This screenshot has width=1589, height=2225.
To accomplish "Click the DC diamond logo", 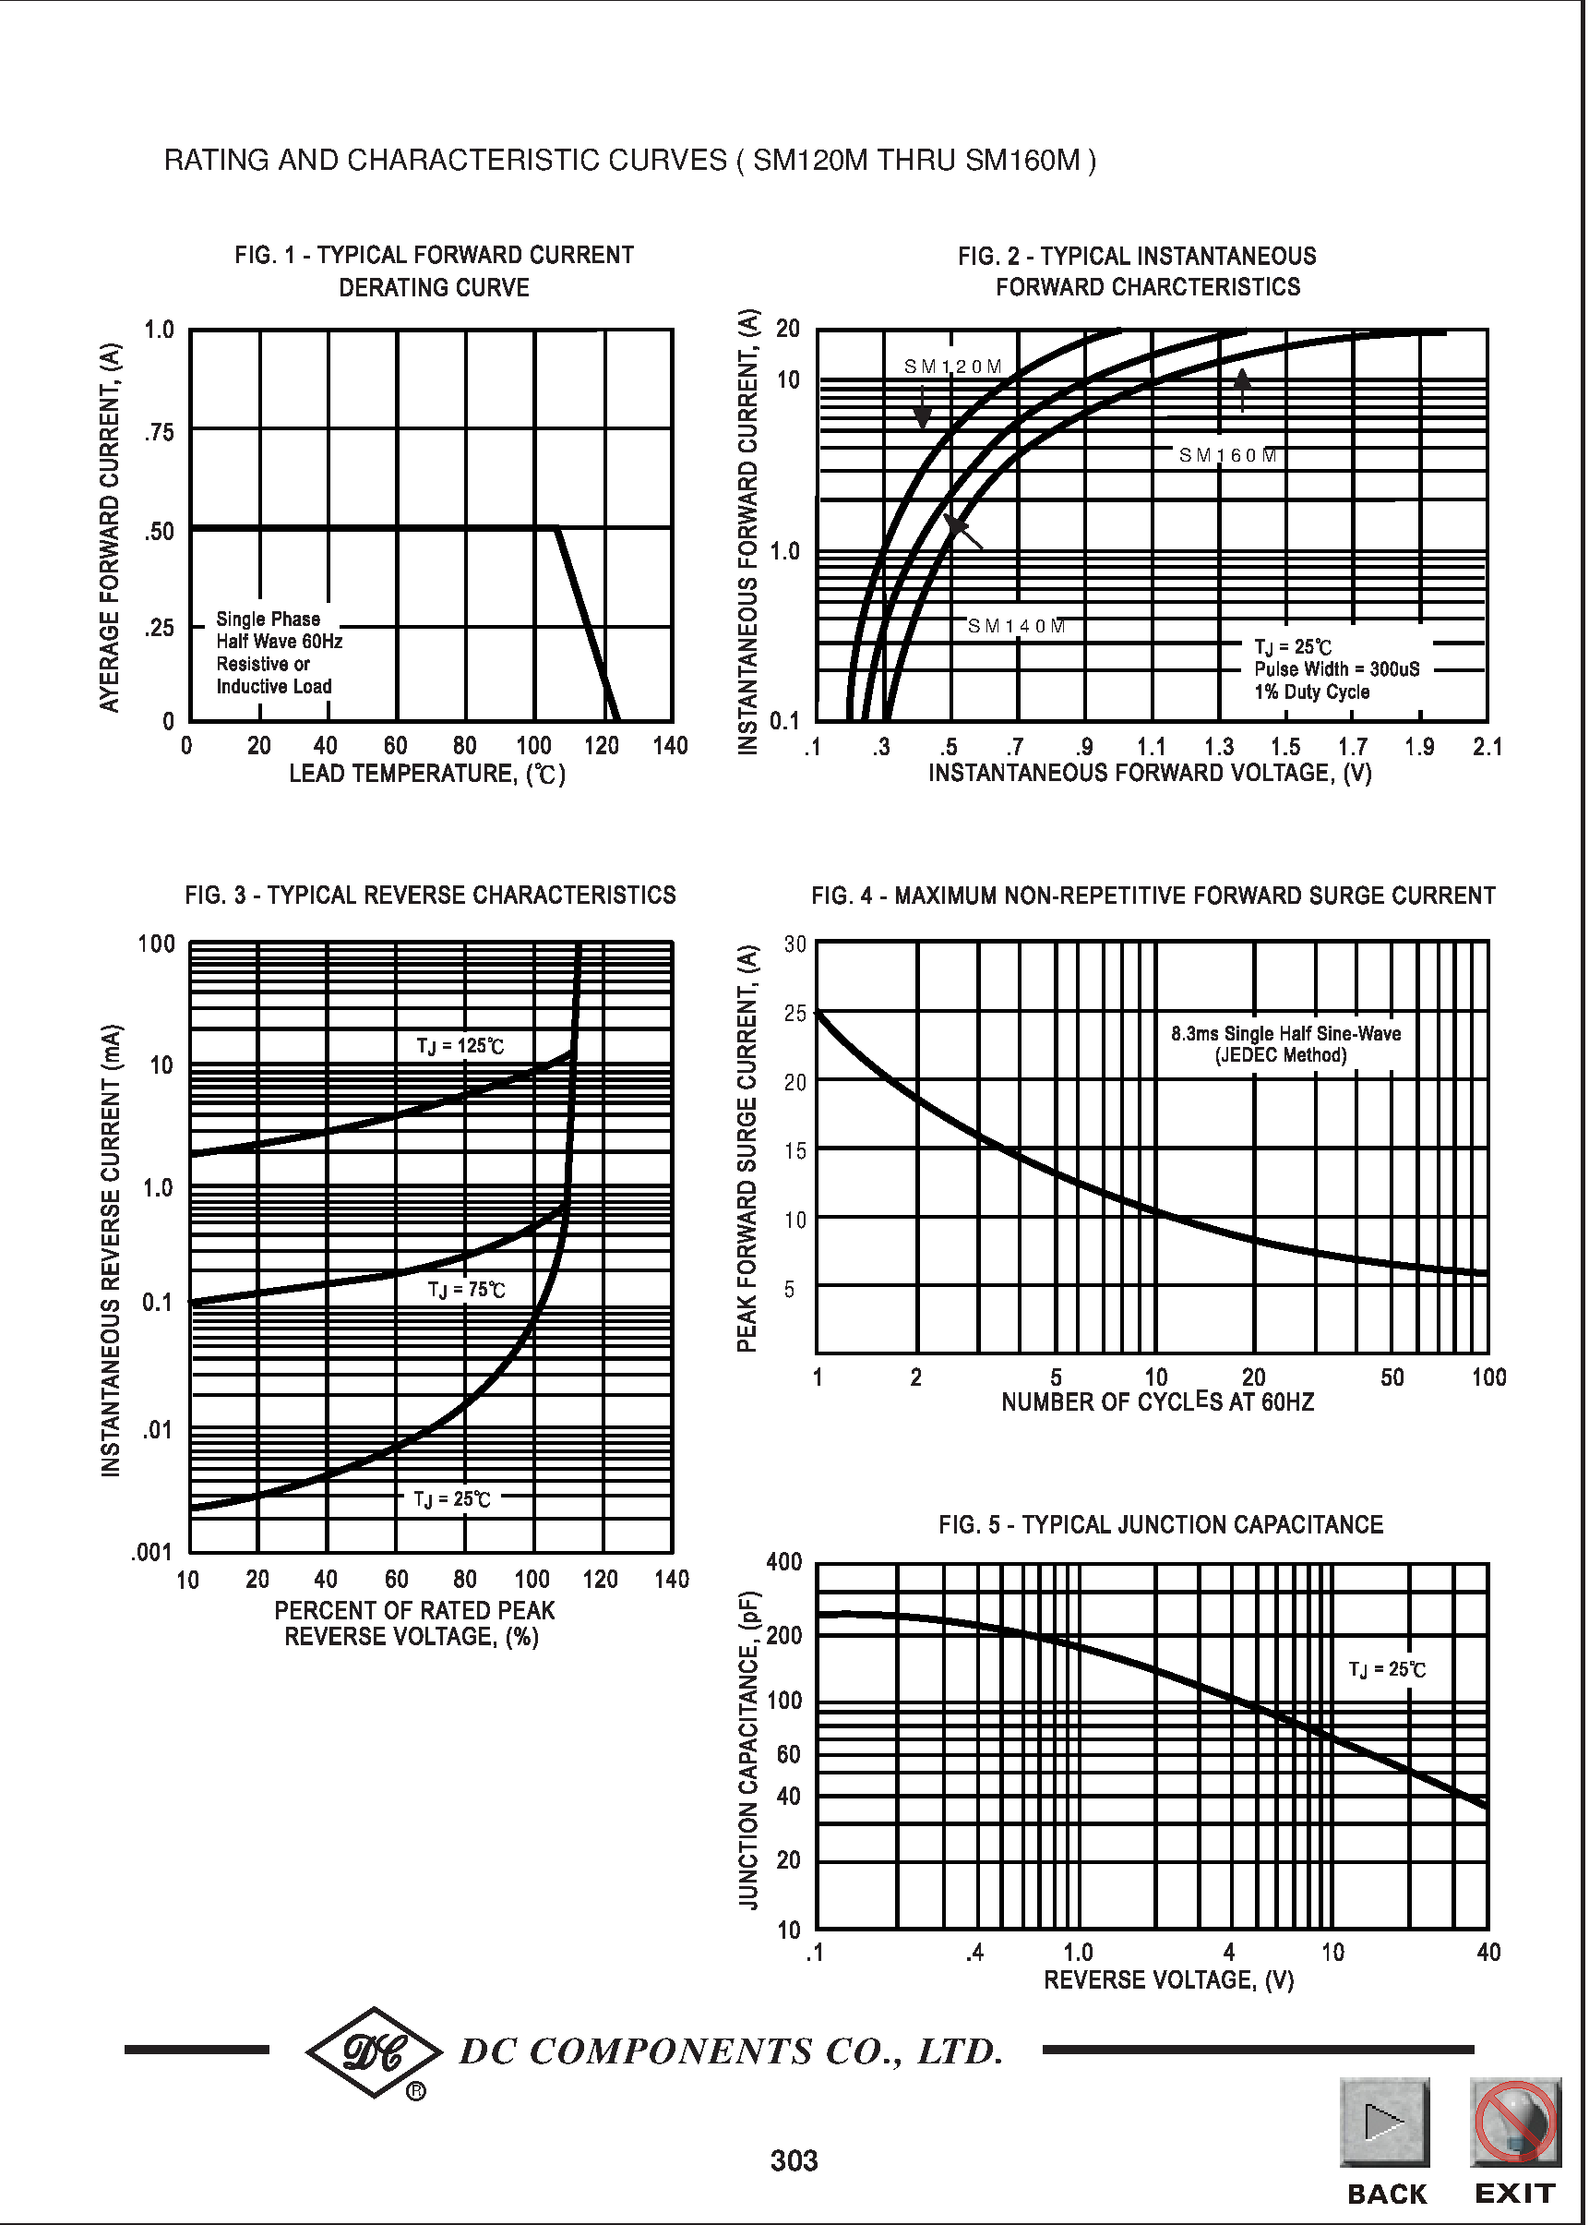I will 374,2051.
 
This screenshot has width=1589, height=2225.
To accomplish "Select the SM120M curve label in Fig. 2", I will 953,367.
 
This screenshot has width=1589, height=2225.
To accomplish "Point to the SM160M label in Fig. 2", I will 1228,456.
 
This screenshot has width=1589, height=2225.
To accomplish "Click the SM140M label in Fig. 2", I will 1017,627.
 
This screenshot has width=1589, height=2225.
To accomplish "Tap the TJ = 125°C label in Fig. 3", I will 460,1046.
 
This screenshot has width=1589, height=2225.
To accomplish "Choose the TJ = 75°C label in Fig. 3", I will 467,1290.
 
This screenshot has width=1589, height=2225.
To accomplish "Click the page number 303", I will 794,2160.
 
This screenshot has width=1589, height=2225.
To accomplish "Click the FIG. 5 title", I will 1161,1525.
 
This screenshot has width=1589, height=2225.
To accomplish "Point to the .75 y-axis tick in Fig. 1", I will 159,433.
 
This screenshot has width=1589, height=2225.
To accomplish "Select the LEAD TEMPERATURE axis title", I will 426,775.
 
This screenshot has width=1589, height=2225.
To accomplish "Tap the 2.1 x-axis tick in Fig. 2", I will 1487,748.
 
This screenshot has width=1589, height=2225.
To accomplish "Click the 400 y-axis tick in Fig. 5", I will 783,1562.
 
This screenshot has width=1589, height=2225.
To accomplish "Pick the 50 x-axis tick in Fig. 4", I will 1392,1378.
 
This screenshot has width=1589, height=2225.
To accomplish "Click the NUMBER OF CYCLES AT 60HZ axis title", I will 1157,1402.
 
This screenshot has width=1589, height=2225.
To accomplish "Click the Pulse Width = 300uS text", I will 1336,669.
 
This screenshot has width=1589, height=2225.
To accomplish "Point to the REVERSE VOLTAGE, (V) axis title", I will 1168,1981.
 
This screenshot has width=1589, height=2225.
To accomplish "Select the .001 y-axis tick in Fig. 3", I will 151,1553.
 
